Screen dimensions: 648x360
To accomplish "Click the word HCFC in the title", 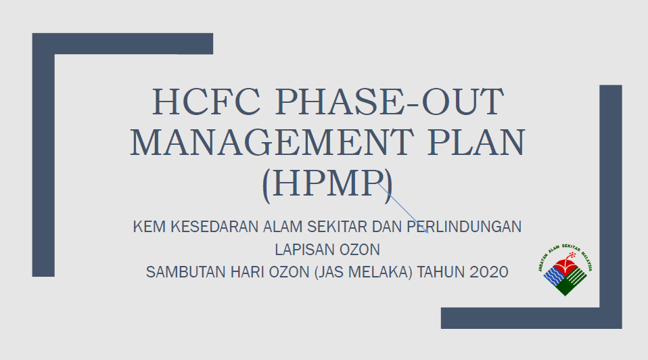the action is [x=206, y=102].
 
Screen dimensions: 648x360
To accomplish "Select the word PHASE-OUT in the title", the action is [x=390, y=102].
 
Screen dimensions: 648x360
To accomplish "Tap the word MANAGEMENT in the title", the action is [x=272, y=142].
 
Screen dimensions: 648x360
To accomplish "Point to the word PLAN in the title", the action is [x=476, y=142].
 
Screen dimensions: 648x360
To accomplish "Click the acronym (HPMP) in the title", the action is [x=327, y=184].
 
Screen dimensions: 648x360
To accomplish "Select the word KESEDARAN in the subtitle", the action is [x=214, y=227].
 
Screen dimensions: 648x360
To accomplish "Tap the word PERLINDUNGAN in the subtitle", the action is [x=464, y=227].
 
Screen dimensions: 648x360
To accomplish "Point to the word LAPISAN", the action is [x=305, y=250].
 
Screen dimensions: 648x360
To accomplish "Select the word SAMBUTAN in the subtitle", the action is [x=186, y=273].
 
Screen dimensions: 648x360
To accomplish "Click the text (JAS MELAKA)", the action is [x=363, y=273].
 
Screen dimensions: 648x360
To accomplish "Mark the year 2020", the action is [x=489, y=273].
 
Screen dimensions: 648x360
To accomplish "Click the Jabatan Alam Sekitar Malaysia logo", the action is [x=565, y=271].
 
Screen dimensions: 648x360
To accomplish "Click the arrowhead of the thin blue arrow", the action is [x=426, y=231].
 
